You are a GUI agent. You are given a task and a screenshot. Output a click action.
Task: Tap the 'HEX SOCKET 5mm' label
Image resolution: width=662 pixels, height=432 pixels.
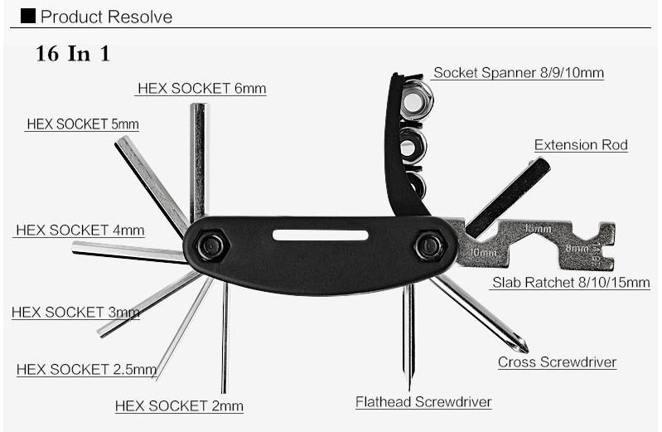(x=82, y=124)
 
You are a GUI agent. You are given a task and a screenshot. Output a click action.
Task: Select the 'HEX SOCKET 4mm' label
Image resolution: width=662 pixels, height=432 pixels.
(x=80, y=231)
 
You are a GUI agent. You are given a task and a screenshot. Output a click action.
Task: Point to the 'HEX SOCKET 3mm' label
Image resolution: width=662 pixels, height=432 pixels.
(x=75, y=313)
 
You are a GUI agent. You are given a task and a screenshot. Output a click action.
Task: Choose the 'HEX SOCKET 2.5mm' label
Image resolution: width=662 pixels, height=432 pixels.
(x=86, y=369)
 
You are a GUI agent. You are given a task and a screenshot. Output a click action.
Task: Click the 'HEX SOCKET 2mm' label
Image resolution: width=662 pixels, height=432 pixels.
(x=179, y=405)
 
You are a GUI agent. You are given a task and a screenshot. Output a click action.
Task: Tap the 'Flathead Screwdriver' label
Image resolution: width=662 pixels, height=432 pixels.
(x=423, y=402)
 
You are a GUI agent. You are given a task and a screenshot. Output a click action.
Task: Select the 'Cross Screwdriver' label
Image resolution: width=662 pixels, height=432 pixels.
(x=557, y=362)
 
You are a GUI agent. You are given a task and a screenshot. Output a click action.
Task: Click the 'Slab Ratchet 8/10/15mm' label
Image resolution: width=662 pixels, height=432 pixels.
(x=571, y=282)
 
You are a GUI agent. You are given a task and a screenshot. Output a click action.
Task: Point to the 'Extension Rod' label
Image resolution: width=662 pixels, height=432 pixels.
(x=581, y=145)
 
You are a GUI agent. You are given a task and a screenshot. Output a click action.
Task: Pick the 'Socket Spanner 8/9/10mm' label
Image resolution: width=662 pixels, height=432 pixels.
(x=519, y=73)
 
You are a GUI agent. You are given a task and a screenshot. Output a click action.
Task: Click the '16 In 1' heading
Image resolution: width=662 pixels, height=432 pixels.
(x=73, y=55)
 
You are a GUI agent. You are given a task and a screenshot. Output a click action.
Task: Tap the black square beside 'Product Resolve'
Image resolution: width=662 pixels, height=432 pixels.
(x=27, y=16)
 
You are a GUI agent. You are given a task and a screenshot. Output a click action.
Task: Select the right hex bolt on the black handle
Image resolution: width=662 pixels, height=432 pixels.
(x=428, y=245)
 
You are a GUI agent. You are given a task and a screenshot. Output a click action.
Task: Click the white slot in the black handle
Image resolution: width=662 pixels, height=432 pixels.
(x=320, y=235)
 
